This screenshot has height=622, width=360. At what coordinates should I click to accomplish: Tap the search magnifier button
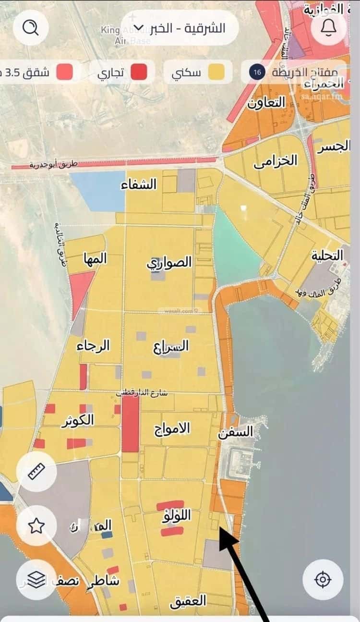[31, 28]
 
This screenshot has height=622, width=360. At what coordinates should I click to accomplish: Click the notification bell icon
[329, 28]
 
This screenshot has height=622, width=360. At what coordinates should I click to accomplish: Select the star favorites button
[36, 526]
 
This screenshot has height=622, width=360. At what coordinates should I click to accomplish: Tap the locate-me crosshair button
[323, 580]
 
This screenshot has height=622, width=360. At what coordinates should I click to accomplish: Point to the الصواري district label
[169, 262]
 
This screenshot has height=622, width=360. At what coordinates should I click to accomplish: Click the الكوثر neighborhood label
[78, 420]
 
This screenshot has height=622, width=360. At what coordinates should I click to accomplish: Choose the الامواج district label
[172, 428]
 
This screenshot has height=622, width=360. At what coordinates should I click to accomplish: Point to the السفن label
[235, 432]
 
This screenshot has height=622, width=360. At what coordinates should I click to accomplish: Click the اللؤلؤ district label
[177, 516]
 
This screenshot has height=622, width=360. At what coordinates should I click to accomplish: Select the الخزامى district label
[276, 161]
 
